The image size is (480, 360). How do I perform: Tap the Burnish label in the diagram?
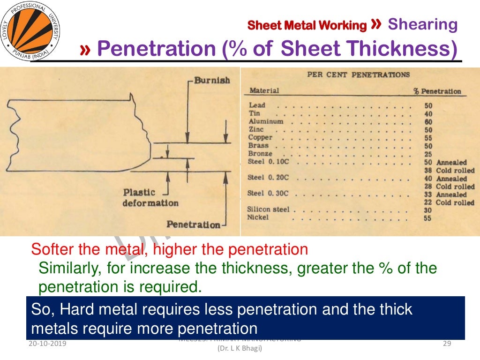212,80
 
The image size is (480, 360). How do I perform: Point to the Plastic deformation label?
150,198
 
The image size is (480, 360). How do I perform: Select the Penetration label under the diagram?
193,225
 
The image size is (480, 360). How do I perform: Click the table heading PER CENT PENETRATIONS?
358,75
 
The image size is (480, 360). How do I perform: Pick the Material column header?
264,90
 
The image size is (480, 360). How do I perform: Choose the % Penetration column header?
437,91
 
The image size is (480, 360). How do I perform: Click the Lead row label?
257,105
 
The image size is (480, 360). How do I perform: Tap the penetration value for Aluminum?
428,122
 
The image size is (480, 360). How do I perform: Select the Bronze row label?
260,154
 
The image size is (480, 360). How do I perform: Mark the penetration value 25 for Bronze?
428,154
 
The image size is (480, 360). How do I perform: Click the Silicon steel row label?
268,210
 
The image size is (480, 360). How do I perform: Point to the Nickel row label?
258,217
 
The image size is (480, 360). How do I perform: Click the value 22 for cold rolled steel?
428,202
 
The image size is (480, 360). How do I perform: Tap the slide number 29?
447,344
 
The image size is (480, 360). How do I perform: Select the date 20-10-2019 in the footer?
47,344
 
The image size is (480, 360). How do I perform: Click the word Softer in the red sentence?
51,249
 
